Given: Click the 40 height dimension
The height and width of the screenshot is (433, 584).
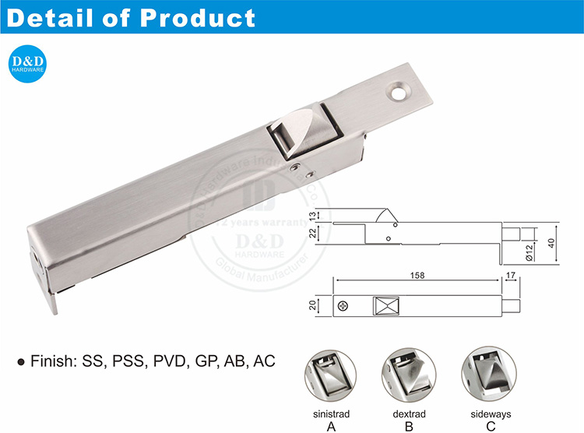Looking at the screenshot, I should click(551, 243).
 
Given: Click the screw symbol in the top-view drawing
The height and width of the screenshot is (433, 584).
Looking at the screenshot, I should click(343, 306).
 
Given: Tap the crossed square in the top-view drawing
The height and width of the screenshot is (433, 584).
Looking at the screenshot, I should click(385, 306).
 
